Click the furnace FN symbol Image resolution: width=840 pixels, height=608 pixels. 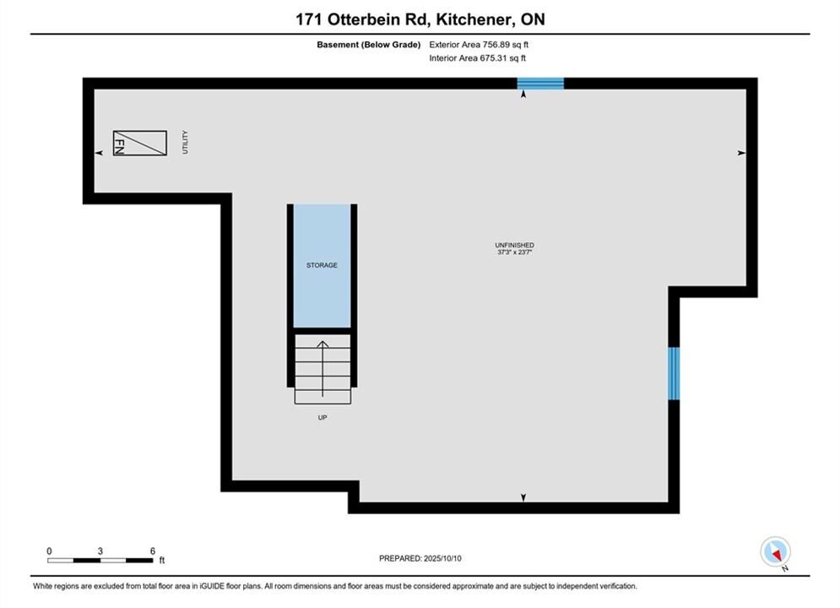pyautogui.click(x=140, y=143)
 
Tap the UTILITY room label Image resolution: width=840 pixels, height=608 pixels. pyautogui.click(x=186, y=142)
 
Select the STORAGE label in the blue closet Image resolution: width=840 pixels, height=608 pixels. pyautogui.click(x=322, y=265)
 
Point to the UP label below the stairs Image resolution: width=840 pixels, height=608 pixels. pyautogui.click(x=322, y=417)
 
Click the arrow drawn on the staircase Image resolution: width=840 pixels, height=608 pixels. pyautogui.click(x=322, y=369)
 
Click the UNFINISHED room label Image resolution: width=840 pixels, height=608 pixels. pyautogui.click(x=514, y=246)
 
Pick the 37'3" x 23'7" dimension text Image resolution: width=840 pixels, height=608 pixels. pyautogui.click(x=514, y=252)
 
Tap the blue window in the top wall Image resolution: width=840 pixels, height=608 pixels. pyautogui.click(x=540, y=84)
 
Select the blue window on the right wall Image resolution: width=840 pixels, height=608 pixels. pyautogui.click(x=674, y=373)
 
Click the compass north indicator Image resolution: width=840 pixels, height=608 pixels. pyautogui.click(x=775, y=551)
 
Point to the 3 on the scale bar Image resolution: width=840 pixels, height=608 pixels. pyautogui.click(x=100, y=551)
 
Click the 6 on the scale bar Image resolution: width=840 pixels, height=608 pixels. pyautogui.click(x=153, y=551)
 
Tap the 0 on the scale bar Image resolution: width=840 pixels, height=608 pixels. pyautogui.click(x=49, y=551)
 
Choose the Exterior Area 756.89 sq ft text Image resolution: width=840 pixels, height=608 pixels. pyautogui.click(x=479, y=45)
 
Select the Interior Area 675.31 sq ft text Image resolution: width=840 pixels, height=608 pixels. pyautogui.click(x=477, y=58)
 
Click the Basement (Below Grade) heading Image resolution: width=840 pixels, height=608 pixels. pyautogui.click(x=369, y=45)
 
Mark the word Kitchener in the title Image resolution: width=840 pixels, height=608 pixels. pyautogui.click(x=472, y=19)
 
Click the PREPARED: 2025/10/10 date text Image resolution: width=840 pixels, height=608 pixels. pyautogui.click(x=420, y=558)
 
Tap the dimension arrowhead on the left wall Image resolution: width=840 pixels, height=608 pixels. pyautogui.click(x=99, y=153)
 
